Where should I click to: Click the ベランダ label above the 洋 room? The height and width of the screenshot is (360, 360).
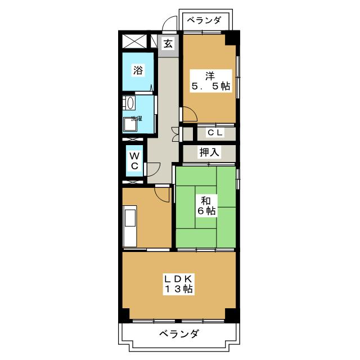pyautogui.click(x=205, y=21)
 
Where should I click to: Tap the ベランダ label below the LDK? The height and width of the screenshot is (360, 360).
pyautogui.click(x=178, y=334)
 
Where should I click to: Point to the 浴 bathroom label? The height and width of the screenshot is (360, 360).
pyautogui.click(x=137, y=70)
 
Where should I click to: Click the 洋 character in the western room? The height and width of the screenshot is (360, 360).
pyautogui.click(x=209, y=76)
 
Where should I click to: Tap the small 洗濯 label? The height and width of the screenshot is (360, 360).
pyautogui.click(x=137, y=119)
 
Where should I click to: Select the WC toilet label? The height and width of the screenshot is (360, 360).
pyautogui.click(x=135, y=161)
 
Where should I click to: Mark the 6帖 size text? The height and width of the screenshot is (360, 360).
pyautogui.click(x=207, y=211)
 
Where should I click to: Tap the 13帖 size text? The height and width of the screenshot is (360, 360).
pyautogui.click(x=179, y=290)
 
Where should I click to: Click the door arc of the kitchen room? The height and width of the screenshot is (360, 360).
pyautogui.click(x=163, y=194)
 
